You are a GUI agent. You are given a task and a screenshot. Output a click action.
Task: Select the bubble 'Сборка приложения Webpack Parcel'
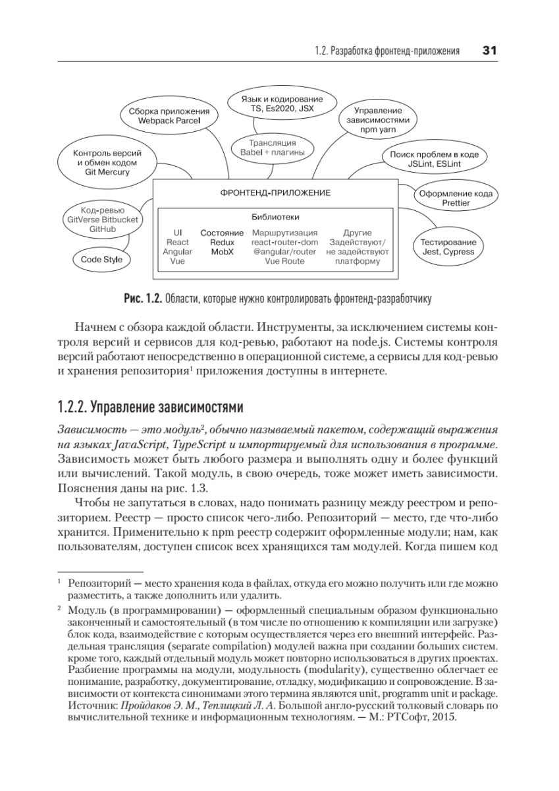pyautogui.click(x=169, y=117)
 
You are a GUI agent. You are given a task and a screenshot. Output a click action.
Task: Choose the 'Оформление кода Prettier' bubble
pyautogui.click(x=456, y=198)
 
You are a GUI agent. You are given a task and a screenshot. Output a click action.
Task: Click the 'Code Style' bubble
pyautogui.click(x=101, y=259)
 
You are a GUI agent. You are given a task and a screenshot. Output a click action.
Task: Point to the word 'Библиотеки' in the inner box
pyautogui.click(x=275, y=216)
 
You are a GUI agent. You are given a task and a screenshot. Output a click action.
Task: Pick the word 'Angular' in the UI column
pyautogui.click(x=177, y=252)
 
